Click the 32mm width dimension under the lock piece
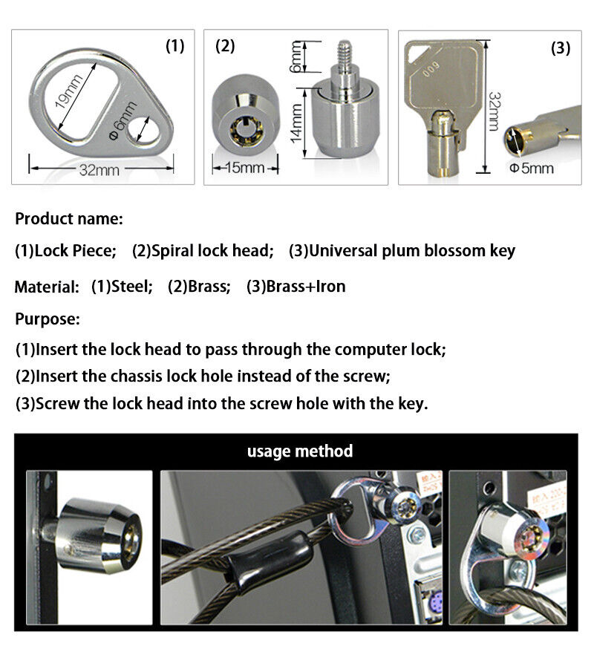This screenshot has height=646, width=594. click(99, 170)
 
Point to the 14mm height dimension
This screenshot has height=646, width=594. click(296, 123)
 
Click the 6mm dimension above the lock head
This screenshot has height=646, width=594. click(296, 56)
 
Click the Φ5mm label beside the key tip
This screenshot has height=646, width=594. click(532, 168)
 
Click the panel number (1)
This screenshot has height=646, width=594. click(174, 47)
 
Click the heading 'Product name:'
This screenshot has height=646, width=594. click(69, 219)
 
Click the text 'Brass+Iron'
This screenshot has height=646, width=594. click(306, 287)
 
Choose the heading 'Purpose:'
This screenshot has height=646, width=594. click(48, 319)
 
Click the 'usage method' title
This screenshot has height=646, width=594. click(300, 451)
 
